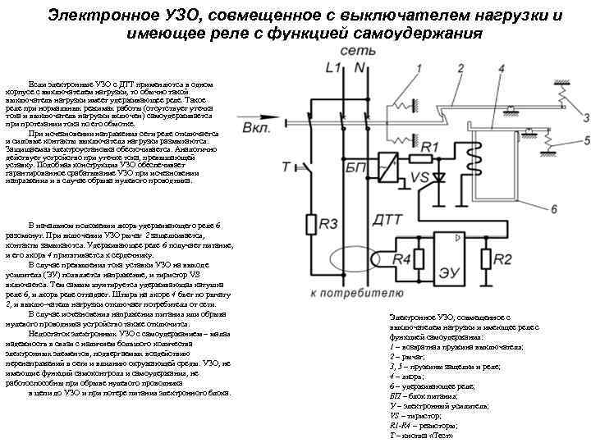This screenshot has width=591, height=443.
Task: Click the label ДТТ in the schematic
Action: [387, 220]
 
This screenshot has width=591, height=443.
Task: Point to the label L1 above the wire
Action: [334, 67]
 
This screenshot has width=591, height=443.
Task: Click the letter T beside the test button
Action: [285, 167]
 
